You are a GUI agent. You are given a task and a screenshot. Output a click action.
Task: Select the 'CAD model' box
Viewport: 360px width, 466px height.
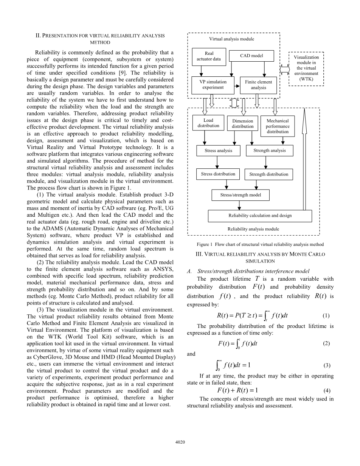pos(251,56)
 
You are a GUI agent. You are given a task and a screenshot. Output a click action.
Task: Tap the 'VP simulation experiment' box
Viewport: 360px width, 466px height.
pos(213,85)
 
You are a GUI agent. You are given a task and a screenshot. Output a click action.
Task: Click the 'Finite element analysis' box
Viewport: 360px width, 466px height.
pos(258,85)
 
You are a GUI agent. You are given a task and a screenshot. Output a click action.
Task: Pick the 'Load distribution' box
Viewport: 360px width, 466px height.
pos(208,123)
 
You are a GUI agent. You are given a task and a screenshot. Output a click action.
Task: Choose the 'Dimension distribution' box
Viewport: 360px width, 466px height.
pos(242,124)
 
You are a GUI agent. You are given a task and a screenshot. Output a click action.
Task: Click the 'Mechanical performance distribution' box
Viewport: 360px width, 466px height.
pos(278,126)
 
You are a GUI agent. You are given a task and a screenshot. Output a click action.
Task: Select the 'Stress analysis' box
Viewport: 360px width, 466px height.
pos(218,151)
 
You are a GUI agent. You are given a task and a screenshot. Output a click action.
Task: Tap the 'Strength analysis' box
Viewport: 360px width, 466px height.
pos(269,151)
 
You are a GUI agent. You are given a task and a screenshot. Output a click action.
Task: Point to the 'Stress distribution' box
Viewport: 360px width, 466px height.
pos(218,174)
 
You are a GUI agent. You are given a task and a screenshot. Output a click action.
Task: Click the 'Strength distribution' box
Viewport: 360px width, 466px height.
pos(268,174)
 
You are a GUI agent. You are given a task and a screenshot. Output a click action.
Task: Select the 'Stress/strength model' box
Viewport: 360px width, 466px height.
pos(240,195)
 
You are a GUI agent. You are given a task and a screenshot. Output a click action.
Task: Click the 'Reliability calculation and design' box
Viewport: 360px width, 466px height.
pos(260,216)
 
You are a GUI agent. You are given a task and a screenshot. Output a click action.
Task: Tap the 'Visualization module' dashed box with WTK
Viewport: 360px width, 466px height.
pos(306,68)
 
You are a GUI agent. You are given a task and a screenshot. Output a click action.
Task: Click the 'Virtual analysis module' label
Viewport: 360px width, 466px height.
pos(231,39)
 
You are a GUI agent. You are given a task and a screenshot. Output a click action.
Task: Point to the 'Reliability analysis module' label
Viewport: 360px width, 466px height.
pos(253,229)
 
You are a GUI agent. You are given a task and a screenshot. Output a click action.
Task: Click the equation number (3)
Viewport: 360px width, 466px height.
pos(327,365)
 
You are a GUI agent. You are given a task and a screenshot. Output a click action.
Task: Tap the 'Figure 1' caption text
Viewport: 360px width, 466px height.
pos(260,244)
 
